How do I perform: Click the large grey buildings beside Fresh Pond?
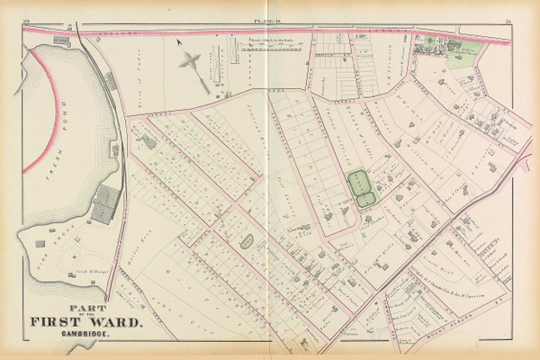click(104, 203)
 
